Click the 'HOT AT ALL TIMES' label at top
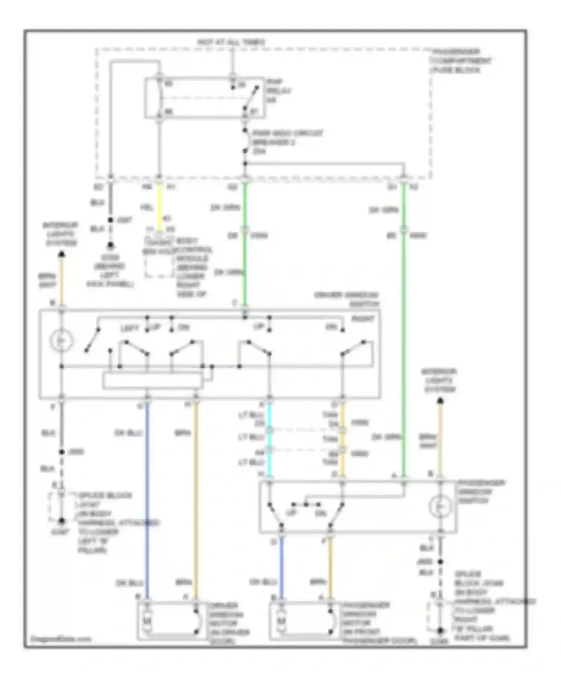pyautogui.click(x=231, y=42)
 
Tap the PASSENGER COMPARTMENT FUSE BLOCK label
pyautogui.click(x=461, y=61)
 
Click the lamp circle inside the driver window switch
pyautogui.click(x=62, y=340)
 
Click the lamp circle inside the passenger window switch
pyautogui.click(x=440, y=506)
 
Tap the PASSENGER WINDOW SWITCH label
pyautogui.click(x=481, y=491)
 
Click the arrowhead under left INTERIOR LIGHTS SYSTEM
pyautogui.click(x=62, y=255)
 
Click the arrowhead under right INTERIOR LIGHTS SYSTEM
pyautogui.click(x=441, y=401)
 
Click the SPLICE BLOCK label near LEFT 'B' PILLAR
pyautogui.click(x=105, y=496)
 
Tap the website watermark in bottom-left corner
pyautogui.click(x=61, y=639)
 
